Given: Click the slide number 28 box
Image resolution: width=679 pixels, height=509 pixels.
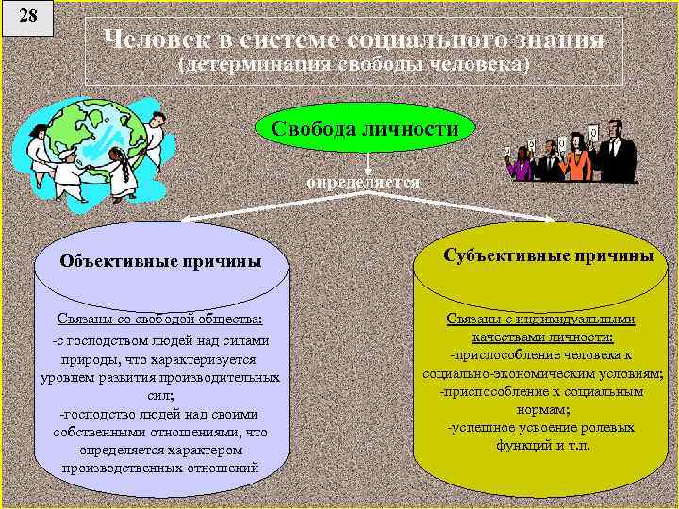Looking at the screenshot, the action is point(26,18).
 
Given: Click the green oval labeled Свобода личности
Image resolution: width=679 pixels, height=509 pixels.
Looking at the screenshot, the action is point(365,127).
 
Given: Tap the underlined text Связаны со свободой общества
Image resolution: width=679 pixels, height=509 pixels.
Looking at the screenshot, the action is point(159,321).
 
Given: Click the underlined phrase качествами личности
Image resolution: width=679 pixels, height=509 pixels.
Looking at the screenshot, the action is point(541,337).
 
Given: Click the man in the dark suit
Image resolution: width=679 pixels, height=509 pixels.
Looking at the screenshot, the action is point(612,151).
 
